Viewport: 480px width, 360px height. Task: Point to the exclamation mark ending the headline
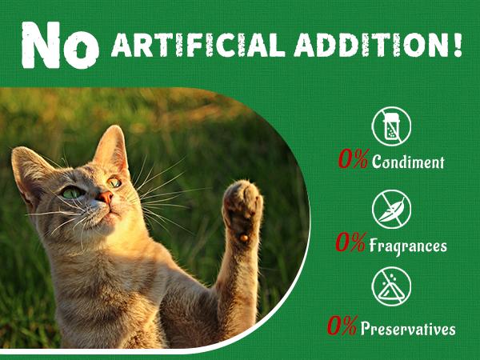[x=457, y=43]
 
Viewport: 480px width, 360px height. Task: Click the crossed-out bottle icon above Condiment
[x=391, y=126]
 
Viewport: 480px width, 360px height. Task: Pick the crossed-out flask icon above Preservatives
[x=391, y=286]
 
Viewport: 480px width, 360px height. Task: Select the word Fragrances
[x=408, y=245]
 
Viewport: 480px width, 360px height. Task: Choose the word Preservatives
[x=408, y=328]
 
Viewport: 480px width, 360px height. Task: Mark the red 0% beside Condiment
[x=353, y=161]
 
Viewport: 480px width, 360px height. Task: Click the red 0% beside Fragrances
[x=352, y=244]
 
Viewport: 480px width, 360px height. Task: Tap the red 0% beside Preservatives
[x=342, y=327]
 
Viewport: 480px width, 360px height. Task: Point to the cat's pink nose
[x=105, y=197]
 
